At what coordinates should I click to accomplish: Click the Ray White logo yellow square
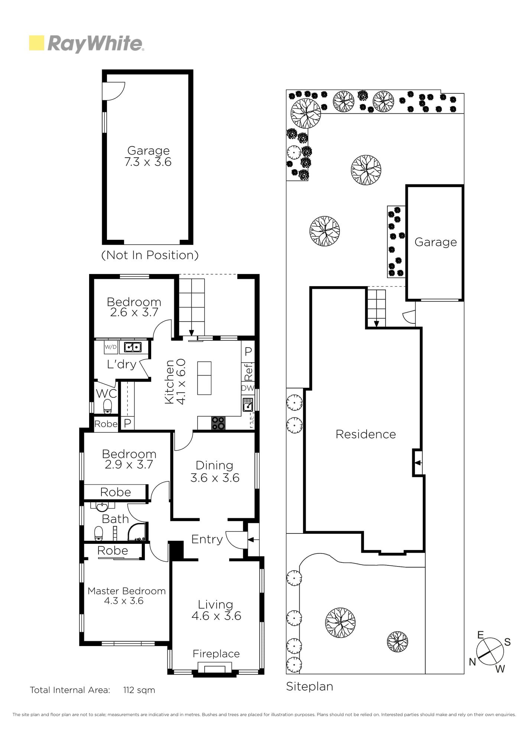(x=36, y=43)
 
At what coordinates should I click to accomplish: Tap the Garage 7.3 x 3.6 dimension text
(x=148, y=162)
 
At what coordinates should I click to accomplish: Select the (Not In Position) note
(x=150, y=255)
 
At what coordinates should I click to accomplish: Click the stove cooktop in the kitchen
(x=218, y=423)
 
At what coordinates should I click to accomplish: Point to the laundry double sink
(x=132, y=347)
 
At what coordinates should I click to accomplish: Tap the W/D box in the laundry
(x=111, y=347)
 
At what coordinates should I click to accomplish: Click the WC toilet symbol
(x=107, y=406)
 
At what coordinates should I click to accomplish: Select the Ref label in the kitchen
(x=248, y=372)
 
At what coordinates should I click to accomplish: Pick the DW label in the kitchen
(x=248, y=388)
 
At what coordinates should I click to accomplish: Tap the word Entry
(x=207, y=539)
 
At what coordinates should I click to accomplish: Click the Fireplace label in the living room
(x=216, y=654)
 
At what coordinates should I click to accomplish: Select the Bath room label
(x=115, y=519)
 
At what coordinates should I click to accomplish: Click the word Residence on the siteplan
(x=366, y=434)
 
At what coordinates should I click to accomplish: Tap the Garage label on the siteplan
(x=436, y=242)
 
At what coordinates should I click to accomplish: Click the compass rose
(x=490, y=651)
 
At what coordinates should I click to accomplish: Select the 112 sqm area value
(x=139, y=690)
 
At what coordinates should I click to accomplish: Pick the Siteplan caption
(x=309, y=687)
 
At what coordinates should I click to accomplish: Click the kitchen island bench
(x=204, y=378)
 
